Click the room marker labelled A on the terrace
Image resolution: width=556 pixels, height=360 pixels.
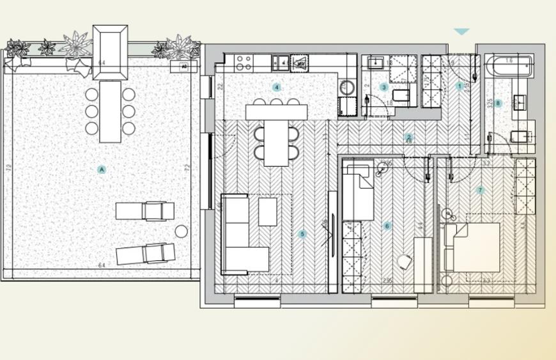(102, 169)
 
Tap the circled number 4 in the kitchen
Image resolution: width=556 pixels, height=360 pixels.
(277, 88)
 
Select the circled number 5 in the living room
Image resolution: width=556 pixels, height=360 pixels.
(302, 235)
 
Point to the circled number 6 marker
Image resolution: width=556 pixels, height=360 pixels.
(387, 226)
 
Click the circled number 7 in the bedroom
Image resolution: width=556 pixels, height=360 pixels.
(480, 190)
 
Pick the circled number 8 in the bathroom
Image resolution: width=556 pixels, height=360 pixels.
(498, 103)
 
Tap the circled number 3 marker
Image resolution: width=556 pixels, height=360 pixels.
(383, 88)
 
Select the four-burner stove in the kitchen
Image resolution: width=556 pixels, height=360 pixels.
(243, 62)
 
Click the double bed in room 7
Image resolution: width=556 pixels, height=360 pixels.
(473, 247)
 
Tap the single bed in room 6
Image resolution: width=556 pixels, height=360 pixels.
(358, 192)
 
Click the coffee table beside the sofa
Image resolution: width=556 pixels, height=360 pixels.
(268, 212)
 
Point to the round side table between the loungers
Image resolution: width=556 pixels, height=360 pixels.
(181, 231)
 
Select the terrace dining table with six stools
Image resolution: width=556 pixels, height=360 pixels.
(110, 111)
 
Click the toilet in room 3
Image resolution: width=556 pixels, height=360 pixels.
(401, 96)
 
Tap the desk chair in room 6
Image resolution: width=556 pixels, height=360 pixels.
(405, 262)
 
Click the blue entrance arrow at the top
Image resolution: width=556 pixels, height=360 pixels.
(461, 31)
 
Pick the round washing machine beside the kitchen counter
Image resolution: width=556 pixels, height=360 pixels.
(347, 88)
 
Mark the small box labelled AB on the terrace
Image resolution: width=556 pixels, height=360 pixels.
(183, 67)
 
